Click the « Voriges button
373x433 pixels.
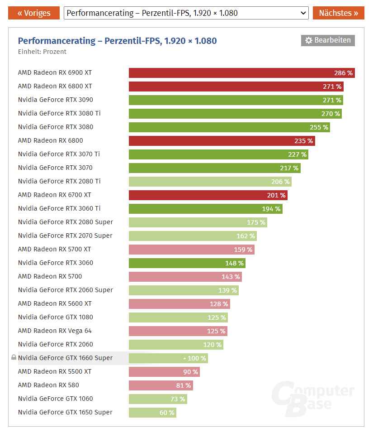point(34,13)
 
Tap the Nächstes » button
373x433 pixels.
point(338,13)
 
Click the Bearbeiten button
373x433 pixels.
point(328,40)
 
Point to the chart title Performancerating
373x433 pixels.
point(117,41)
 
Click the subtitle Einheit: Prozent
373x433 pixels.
point(42,52)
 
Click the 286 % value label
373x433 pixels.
point(343,73)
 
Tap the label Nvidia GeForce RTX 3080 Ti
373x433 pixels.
point(59,113)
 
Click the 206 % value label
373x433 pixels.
point(280,182)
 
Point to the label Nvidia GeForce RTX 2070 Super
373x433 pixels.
point(65,236)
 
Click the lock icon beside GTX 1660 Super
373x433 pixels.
point(14,358)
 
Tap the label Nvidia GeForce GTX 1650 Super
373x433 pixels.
point(65,412)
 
